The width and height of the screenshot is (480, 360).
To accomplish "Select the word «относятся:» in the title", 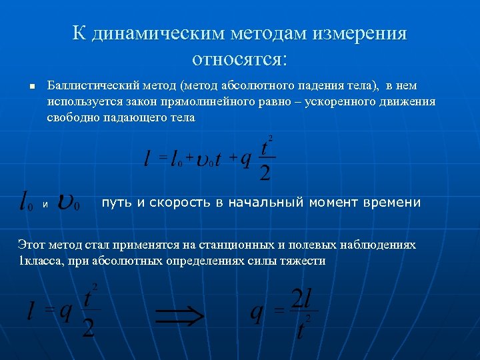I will tap(240, 59).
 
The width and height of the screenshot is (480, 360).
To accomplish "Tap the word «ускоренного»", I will tap(357, 102).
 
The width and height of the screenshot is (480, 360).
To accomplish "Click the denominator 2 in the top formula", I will tap(265, 172).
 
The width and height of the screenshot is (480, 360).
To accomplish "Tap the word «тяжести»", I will tap(305, 261).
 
